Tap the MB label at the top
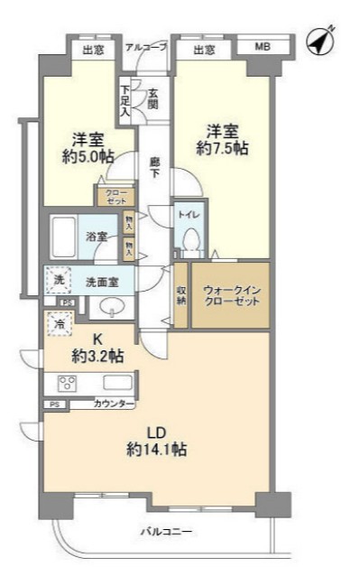(x=262, y=47)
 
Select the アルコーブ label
(x=145, y=47)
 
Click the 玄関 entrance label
(x=154, y=97)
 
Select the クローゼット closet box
(x=115, y=197)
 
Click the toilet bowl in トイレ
(x=190, y=238)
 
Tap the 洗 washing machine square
(x=58, y=281)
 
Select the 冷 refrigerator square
(x=59, y=322)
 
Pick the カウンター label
(x=114, y=404)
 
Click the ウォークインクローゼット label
(x=231, y=294)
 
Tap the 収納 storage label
(x=180, y=295)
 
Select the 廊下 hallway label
(x=154, y=167)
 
